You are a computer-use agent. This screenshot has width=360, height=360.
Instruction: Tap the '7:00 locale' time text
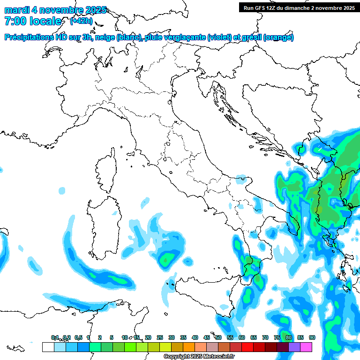33,21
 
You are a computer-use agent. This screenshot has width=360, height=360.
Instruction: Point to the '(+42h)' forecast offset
81,21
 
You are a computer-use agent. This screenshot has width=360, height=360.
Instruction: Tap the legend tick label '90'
312,337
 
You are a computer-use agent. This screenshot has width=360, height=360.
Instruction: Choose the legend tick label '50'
218,337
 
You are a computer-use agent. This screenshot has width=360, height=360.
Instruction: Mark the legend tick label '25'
160,337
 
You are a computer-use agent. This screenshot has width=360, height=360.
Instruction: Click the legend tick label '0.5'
78,337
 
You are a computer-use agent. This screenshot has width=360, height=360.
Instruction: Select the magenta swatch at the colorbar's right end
306,347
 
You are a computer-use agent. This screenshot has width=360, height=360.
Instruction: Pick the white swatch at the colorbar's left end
48,347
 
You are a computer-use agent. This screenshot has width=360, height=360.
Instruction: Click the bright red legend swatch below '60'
247,347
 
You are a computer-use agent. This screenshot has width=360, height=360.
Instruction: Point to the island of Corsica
106,171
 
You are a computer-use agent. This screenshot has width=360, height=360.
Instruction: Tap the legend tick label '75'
277,337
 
